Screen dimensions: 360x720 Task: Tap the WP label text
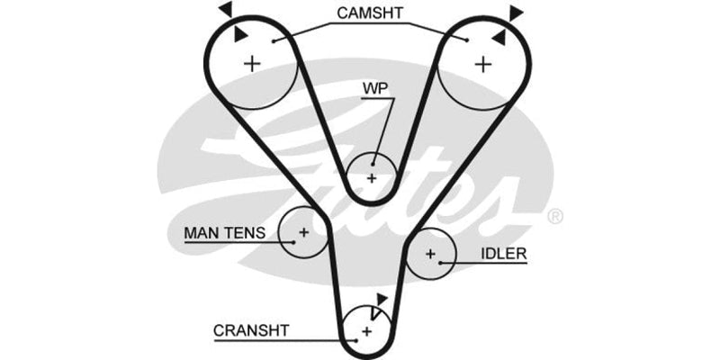(374, 88)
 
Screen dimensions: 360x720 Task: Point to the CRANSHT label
(251, 330)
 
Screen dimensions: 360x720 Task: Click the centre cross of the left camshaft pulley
(252, 63)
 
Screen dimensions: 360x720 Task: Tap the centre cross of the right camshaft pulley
(484, 63)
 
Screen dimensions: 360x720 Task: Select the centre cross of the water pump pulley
(371, 177)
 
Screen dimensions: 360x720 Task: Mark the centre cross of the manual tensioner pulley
(304, 232)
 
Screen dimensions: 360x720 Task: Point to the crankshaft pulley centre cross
(366, 332)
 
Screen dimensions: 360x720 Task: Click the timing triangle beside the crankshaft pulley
(382, 298)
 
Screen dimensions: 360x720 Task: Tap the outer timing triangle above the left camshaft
(224, 8)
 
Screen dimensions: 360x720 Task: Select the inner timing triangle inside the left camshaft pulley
(239, 34)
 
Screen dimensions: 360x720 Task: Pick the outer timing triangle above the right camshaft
(516, 12)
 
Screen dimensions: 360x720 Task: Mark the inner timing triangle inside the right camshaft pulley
(498, 36)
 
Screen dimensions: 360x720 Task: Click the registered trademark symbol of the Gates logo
(555, 216)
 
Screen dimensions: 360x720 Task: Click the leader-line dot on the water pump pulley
(372, 164)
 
